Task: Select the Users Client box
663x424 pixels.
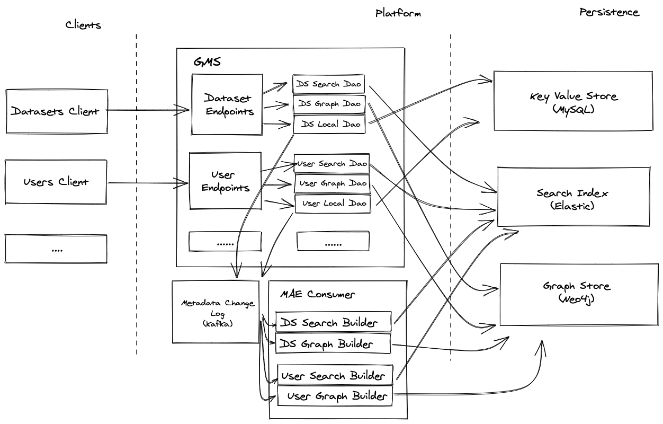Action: click(x=56, y=182)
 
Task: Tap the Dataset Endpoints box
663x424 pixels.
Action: click(x=227, y=104)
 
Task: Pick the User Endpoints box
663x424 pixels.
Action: click(x=225, y=180)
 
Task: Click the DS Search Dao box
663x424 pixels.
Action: click(x=329, y=84)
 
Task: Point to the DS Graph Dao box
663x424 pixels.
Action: click(x=329, y=104)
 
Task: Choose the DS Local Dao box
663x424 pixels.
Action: click(x=330, y=124)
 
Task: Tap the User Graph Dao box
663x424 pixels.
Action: click(x=332, y=183)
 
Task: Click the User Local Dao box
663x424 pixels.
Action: click(x=333, y=204)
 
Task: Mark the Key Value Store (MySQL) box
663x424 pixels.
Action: click(x=573, y=101)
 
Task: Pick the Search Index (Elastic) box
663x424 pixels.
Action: click(x=574, y=197)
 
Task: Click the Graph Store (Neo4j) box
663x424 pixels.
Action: click(x=577, y=294)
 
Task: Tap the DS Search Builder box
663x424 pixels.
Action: click(x=334, y=322)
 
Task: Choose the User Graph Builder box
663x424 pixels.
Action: click(x=335, y=396)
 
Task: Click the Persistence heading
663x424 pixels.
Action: click(x=609, y=12)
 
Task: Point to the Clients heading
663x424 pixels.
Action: click(x=83, y=25)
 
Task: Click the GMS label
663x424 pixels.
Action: click(x=207, y=61)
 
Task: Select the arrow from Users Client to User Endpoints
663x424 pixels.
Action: click(x=148, y=183)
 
